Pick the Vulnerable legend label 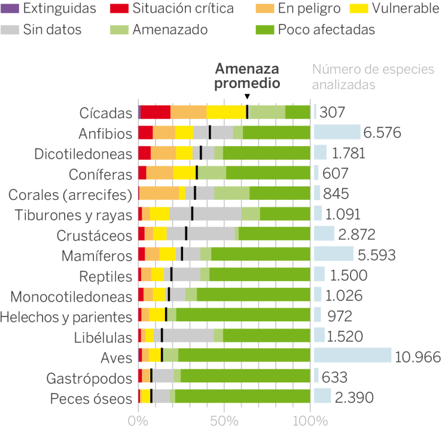404,9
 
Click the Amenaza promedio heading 247,76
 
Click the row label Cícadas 105,112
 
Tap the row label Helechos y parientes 66,316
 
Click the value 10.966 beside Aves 417,357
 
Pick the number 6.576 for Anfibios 383,133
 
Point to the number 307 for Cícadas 333,112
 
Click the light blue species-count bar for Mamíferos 334,254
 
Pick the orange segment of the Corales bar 159,193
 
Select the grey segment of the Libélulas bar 188,335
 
